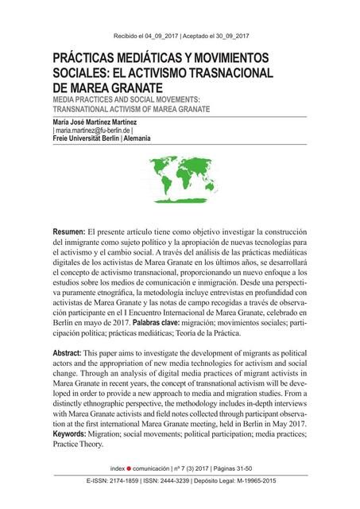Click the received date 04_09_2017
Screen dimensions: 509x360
[159, 37]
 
